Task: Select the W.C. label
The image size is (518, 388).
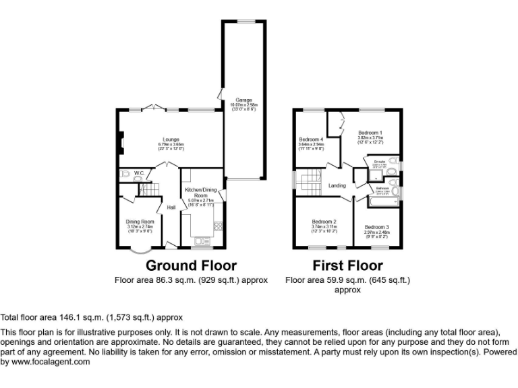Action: tap(139, 174)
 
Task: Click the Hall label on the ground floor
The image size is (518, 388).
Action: tap(171, 207)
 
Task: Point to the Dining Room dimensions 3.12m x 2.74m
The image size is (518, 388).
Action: tap(140, 227)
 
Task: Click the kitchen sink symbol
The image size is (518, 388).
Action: tap(200, 239)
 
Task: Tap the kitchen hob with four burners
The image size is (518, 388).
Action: tap(217, 225)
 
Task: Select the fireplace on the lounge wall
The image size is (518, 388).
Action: tap(121, 142)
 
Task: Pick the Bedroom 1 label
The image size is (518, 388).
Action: tap(370, 133)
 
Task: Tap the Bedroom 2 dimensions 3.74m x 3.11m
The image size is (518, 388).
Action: tap(324, 227)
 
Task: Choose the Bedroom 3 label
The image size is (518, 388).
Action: tap(377, 227)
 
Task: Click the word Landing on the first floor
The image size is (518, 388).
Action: tap(337, 186)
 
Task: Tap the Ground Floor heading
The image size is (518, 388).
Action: tap(191, 265)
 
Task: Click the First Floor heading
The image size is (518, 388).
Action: tap(347, 265)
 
